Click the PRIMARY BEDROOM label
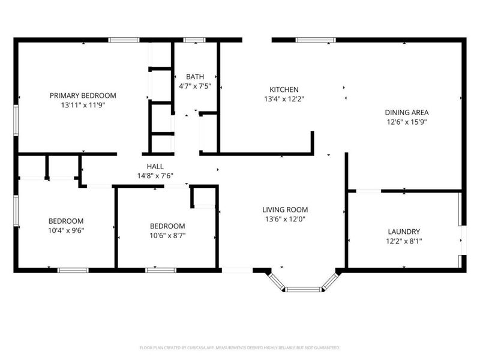83,95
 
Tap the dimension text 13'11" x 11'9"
83,105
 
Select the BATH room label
194,77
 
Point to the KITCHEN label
284,89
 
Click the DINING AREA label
406,112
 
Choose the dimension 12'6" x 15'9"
406,122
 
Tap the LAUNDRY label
403,232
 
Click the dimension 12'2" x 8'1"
403,241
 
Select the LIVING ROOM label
285,209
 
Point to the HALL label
155,166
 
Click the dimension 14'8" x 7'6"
155,176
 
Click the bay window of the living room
304,289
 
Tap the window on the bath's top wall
193,40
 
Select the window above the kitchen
316,40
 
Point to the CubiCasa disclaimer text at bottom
240,347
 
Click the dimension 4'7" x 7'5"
194,86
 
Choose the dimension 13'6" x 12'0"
285,219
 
